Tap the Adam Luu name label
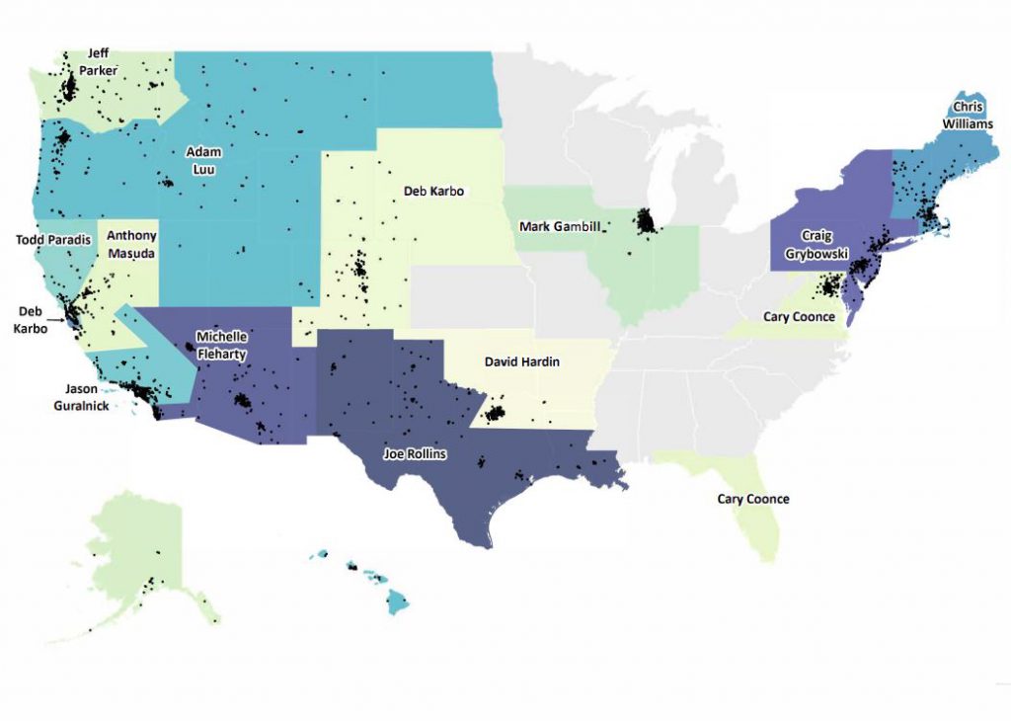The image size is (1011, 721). (204, 160)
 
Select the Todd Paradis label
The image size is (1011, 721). (54, 239)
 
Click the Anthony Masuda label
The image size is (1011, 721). (131, 243)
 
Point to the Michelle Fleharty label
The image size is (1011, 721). (221, 343)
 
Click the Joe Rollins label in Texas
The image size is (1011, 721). (415, 454)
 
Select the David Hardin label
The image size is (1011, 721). (521, 362)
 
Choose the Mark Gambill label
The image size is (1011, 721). (560, 227)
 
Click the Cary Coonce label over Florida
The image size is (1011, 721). (753, 499)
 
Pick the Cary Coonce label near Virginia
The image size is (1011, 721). (800, 317)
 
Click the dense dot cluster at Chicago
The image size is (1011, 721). (647, 221)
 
